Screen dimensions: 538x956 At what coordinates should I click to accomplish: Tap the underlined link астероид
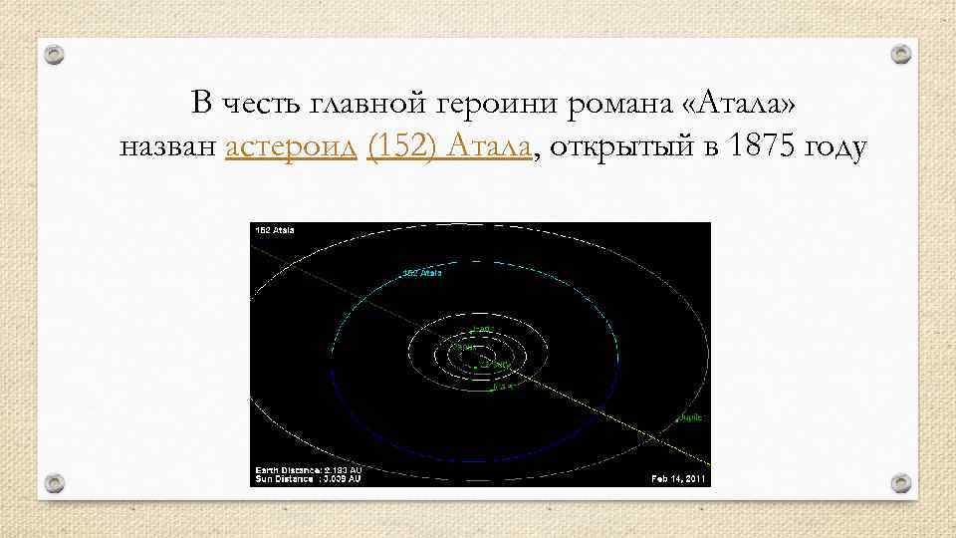click(x=291, y=148)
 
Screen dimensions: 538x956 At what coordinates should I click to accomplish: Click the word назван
click(x=168, y=148)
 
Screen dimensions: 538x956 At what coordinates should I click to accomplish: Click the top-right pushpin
click(x=900, y=53)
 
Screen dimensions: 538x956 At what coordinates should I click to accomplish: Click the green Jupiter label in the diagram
click(x=691, y=418)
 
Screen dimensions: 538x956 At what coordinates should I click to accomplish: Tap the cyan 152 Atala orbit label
click(x=422, y=272)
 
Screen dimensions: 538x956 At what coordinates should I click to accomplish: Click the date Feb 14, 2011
click(x=678, y=478)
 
